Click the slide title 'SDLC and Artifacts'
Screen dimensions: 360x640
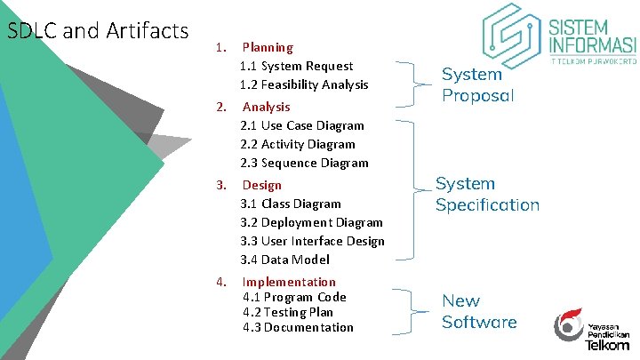coord(98,31)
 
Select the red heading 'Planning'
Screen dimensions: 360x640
coord(268,47)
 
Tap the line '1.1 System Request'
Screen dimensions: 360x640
coord(296,66)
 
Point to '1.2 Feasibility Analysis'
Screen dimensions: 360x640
coord(303,84)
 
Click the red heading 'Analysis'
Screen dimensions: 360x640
coord(267,107)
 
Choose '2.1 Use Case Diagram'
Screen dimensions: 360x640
coord(302,125)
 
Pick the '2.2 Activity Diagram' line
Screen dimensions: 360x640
coord(298,144)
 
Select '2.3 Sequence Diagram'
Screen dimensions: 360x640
coord(304,163)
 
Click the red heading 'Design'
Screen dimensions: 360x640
coord(262,185)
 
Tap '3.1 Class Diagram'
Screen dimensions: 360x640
coord(291,204)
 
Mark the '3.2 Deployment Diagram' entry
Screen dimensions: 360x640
coord(311,222)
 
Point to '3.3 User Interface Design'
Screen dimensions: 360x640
coord(312,241)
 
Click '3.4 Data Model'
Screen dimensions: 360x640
coord(284,260)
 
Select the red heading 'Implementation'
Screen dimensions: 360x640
coord(289,282)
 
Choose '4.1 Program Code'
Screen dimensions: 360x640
coord(294,297)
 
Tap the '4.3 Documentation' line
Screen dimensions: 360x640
coord(298,327)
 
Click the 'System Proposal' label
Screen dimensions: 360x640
coord(478,84)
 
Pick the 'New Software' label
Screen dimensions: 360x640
coord(479,311)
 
